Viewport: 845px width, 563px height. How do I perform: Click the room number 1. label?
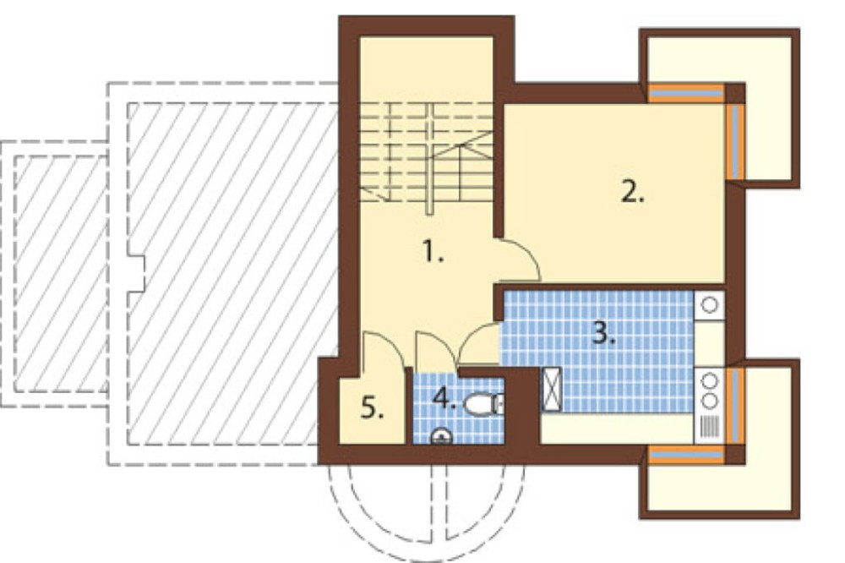click(x=433, y=252)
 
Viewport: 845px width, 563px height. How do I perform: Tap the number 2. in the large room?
click(x=633, y=191)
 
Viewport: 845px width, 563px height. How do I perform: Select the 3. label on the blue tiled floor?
click(x=603, y=334)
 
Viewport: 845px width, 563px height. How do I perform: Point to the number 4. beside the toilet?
click(x=444, y=399)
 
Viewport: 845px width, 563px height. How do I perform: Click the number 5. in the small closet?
click(x=373, y=407)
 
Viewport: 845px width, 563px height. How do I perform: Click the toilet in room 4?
click(x=482, y=404)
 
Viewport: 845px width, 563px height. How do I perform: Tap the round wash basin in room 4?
click(x=441, y=437)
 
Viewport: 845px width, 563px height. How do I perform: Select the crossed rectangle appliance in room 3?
click(x=551, y=389)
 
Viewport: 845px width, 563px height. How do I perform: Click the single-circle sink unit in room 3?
click(x=709, y=305)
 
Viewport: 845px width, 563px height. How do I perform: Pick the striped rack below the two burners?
click(x=710, y=427)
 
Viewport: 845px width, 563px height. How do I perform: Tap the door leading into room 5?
click(x=383, y=351)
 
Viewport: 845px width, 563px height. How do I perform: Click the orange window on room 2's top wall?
click(x=685, y=93)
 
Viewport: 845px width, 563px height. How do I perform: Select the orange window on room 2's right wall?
click(x=736, y=140)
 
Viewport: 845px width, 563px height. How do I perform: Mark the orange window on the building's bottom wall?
click(x=685, y=456)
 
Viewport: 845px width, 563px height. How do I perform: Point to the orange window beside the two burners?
click(x=736, y=406)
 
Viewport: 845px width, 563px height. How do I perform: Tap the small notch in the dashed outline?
click(x=137, y=273)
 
